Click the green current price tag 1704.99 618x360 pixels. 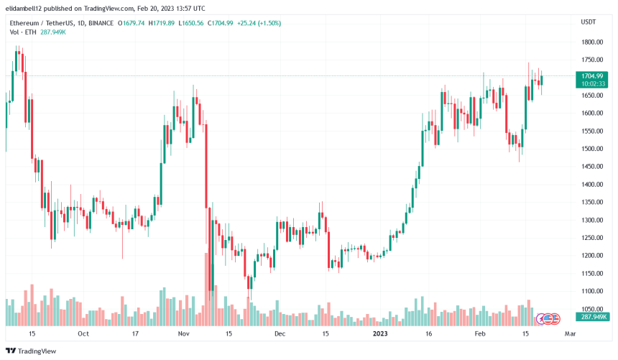(x=594, y=75)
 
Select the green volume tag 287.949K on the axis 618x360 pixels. (x=594, y=317)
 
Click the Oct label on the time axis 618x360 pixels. (x=83, y=334)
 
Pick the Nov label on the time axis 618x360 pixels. (x=183, y=334)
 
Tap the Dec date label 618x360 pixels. (x=280, y=334)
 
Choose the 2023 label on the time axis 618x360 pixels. (x=381, y=334)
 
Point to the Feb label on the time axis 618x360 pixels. (x=481, y=334)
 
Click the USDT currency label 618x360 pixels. (x=588, y=22)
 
